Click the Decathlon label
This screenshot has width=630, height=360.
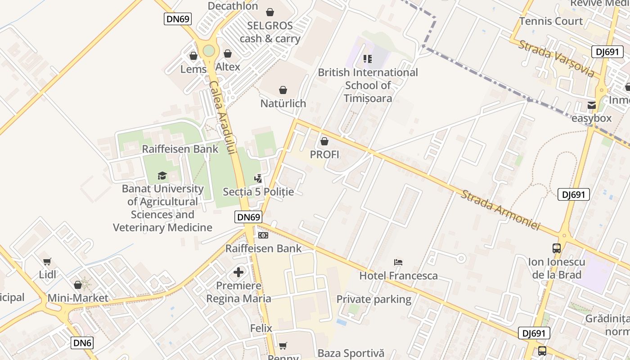(x=233, y=6)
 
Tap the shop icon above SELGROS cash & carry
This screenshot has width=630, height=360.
(x=270, y=12)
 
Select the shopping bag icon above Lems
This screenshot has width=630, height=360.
(x=193, y=56)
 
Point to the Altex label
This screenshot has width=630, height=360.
(x=228, y=67)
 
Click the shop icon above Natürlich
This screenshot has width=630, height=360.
(x=283, y=90)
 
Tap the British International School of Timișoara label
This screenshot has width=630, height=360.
(x=368, y=85)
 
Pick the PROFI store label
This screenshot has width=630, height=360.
(x=324, y=154)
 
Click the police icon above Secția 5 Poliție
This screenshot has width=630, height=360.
(x=258, y=179)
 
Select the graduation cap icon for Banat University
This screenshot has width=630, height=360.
(x=162, y=175)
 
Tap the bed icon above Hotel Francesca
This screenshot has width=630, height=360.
(x=398, y=262)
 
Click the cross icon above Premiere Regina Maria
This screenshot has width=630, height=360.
(x=238, y=272)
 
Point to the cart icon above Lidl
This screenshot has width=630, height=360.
(x=47, y=261)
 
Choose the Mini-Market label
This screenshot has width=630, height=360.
(x=78, y=298)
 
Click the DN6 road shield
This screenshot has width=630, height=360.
(x=82, y=343)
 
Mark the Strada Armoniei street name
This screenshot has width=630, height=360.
(x=500, y=210)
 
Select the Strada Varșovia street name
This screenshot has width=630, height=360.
(x=556, y=58)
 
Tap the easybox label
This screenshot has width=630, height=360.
(x=591, y=118)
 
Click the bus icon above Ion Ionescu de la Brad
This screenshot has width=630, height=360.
(x=557, y=248)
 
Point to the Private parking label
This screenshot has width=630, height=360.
(x=374, y=299)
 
